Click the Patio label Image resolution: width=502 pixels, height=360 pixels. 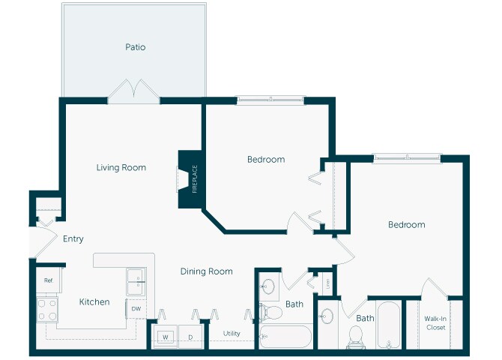[135, 47]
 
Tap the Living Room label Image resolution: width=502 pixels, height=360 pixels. [121, 167]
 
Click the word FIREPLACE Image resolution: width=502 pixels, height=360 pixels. [195, 179]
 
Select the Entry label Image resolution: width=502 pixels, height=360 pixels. [73, 238]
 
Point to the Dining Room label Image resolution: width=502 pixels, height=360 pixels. [207, 271]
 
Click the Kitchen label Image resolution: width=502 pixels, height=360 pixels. [94, 301]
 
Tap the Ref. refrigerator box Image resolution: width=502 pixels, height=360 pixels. [49, 280]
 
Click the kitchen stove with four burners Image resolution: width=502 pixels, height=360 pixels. [47, 310]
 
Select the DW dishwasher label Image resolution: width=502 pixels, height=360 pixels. [136, 309]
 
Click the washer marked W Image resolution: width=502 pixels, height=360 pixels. [165, 337]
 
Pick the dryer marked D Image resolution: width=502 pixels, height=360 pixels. [190, 337]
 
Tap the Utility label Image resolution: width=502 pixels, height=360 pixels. [232, 334]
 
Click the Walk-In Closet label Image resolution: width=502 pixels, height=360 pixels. [435, 323]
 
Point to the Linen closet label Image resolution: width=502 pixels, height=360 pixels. [327, 283]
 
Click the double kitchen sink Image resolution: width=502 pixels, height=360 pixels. [136, 282]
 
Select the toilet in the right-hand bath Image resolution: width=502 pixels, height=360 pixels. [356, 337]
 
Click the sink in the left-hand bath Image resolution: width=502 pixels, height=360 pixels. [267, 286]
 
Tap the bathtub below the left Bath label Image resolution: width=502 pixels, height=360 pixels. [285, 337]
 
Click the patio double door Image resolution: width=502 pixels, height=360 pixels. [133, 91]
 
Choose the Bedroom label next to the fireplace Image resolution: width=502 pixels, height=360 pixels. [266, 159]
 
